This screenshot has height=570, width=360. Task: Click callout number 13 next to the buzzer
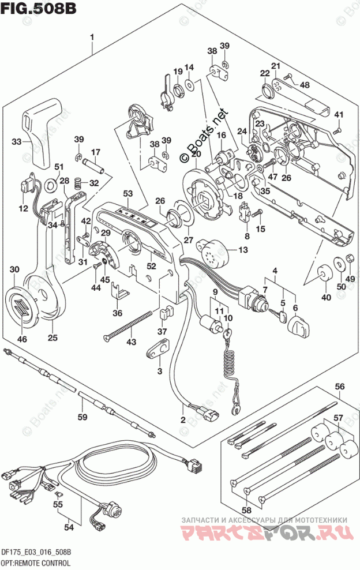242,249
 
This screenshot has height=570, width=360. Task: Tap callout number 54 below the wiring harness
69,527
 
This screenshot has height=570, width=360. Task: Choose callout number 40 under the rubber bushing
326,298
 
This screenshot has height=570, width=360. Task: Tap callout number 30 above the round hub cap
14,269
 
